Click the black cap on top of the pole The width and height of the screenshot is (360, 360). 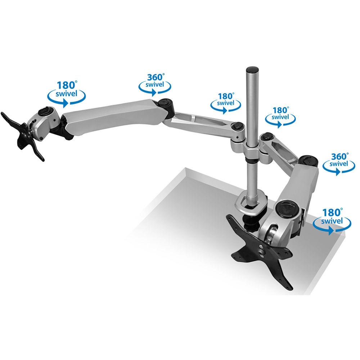252,68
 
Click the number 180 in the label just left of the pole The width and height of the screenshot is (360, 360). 225,96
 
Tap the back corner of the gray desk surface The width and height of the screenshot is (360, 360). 185,169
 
